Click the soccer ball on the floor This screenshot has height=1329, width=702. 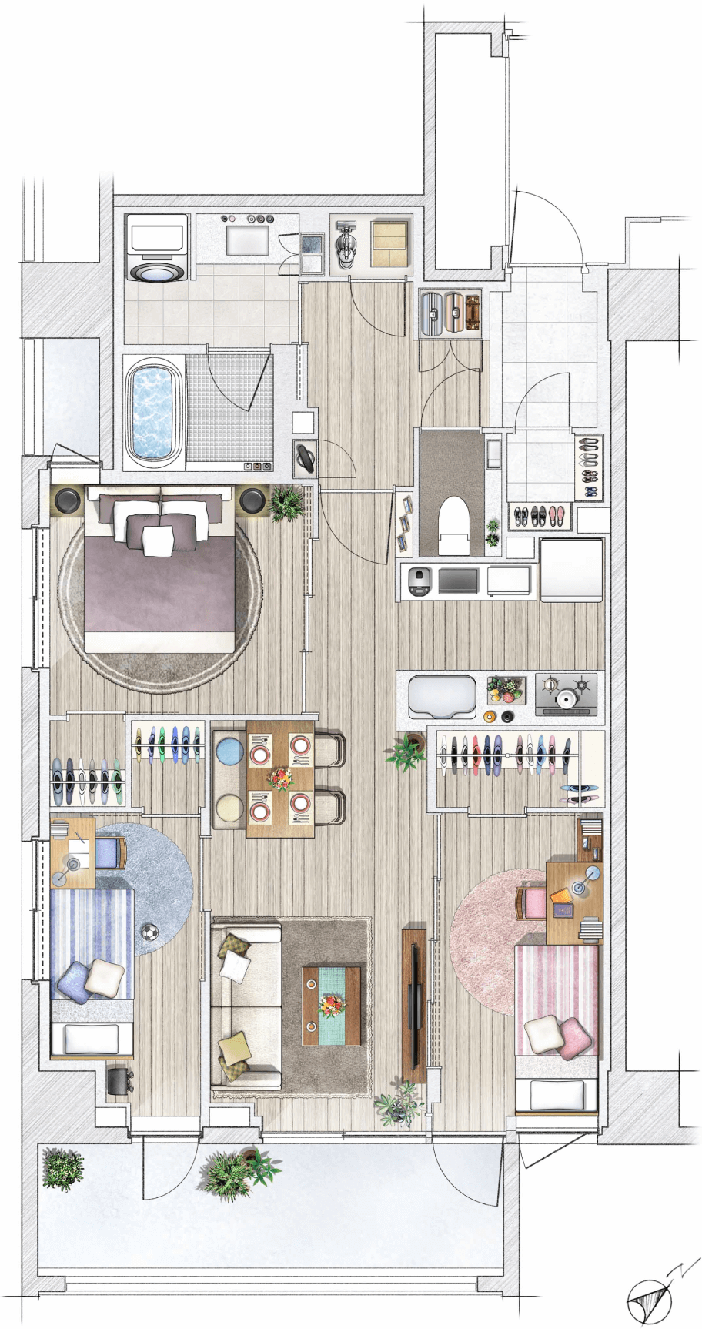[x=149, y=932]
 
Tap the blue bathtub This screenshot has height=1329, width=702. [x=154, y=413]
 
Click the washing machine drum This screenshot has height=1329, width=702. [x=157, y=272]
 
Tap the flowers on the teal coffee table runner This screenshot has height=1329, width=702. [x=332, y=1005]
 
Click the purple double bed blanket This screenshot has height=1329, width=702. [x=160, y=584]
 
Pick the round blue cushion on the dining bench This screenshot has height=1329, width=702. [x=229, y=750]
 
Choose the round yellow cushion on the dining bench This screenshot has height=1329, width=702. [x=229, y=808]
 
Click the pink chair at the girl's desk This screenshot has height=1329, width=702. [x=532, y=902]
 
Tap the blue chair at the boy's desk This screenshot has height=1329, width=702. [x=111, y=853]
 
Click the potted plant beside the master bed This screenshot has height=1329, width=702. [x=287, y=503]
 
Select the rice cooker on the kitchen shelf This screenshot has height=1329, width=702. [x=419, y=581]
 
